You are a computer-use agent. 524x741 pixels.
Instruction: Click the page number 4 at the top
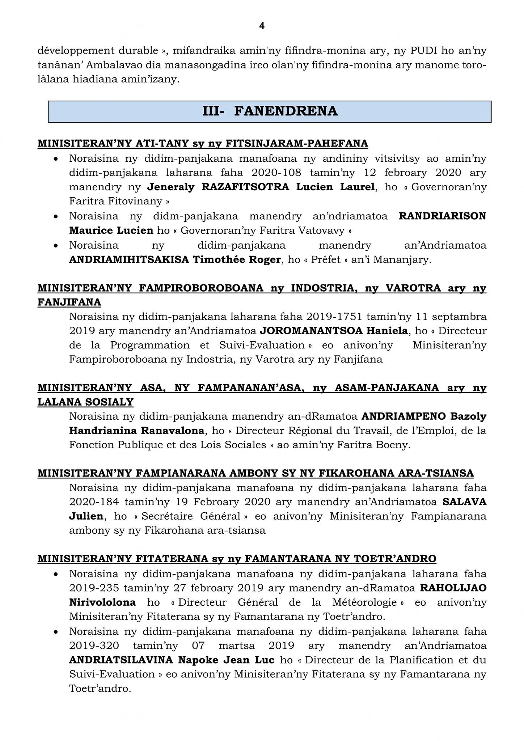[262, 26]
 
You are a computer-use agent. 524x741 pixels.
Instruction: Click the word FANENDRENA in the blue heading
[286, 111]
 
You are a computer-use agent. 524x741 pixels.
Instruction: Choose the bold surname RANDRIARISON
[442, 216]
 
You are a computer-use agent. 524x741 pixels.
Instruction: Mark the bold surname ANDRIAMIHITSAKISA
[129, 259]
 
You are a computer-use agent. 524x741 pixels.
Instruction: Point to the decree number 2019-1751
[334, 317]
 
